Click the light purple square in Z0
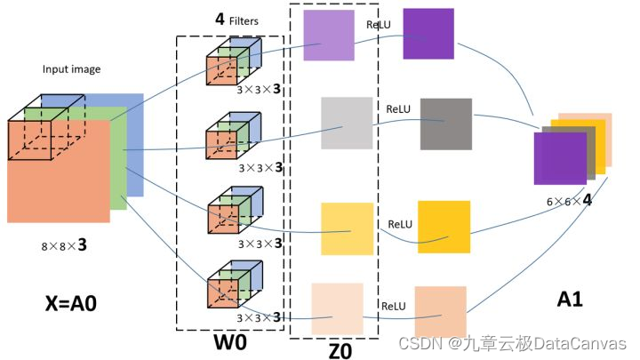330,36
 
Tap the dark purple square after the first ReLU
428,35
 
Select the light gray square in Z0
347,123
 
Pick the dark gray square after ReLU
445,123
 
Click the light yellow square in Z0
348,228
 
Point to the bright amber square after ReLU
444,227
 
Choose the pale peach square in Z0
337,308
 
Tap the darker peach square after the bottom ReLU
440,312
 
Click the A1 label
570,300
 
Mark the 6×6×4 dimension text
570,201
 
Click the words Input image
72,68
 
